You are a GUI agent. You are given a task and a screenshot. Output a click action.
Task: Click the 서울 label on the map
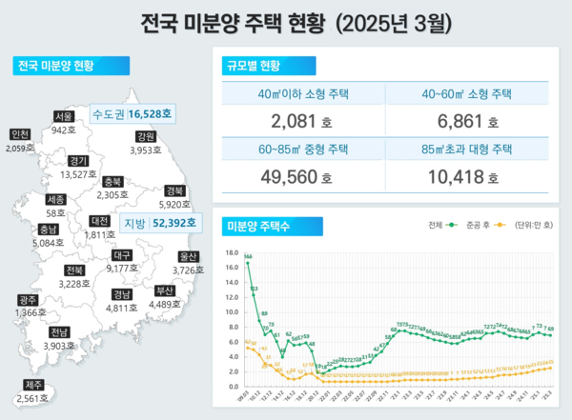pos(65,115)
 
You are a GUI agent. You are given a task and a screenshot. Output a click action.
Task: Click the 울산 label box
pos(188,257)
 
